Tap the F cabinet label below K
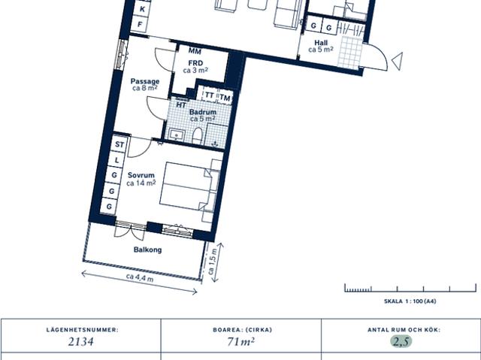coord(139,26)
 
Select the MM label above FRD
coord(194,50)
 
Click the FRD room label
coord(195,63)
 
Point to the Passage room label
coord(144,81)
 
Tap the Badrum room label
coord(201,113)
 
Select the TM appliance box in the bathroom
coord(225,98)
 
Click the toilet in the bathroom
coord(198,135)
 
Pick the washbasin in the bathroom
coord(178,135)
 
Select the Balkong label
coord(147,250)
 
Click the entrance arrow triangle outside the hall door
coord(397,57)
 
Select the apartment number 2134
coord(80,342)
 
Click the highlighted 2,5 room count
coord(401,342)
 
